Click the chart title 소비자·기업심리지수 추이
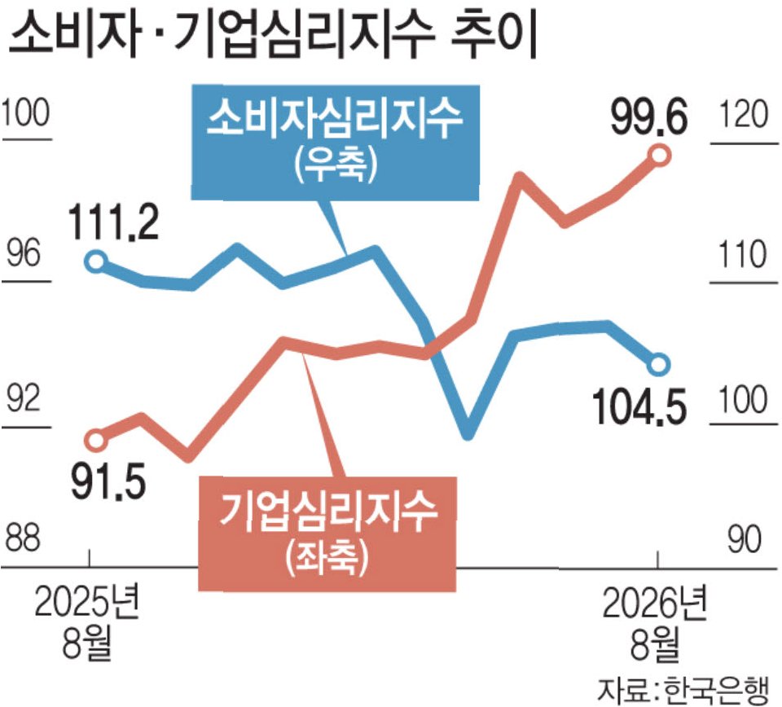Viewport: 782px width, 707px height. [x=273, y=35]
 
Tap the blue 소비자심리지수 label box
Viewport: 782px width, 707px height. [x=335, y=143]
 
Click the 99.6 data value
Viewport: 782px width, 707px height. [x=649, y=117]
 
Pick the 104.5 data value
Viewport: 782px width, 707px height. [x=640, y=406]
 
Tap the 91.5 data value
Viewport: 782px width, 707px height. [x=108, y=481]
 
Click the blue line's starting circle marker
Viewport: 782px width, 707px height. [x=95, y=261]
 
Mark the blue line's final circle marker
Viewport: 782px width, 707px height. [x=659, y=364]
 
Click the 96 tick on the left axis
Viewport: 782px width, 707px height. [x=24, y=254]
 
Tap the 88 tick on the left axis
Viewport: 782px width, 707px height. [x=23, y=538]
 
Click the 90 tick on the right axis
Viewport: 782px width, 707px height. [x=744, y=539]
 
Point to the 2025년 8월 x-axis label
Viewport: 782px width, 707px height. [x=87, y=623]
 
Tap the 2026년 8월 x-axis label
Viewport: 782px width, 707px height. [x=655, y=623]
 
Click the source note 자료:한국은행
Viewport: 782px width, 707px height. [x=683, y=690]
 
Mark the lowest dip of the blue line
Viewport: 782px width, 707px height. [x=468, y=435]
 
